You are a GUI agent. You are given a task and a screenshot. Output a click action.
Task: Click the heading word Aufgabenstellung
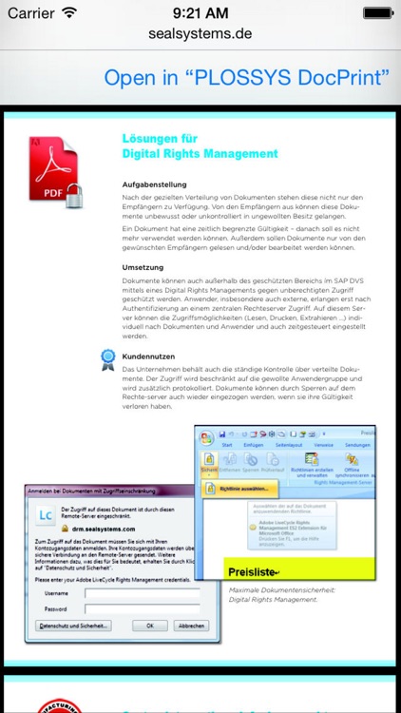point(154,184)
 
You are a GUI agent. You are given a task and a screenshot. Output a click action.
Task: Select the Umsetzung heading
point(143,267)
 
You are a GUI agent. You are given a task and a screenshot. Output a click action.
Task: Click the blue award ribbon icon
point(108,358)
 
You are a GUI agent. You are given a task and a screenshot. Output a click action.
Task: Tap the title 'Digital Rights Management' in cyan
point(200,153)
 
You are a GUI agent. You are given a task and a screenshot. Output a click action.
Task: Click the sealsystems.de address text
point(200,33)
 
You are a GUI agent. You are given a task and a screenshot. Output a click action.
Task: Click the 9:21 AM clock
point(200,13)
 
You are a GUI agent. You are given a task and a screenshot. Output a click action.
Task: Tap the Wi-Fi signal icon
point(69,13)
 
